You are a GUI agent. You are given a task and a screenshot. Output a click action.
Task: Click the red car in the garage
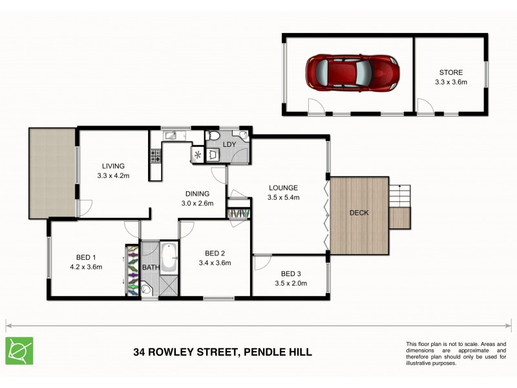(x=352, y=70)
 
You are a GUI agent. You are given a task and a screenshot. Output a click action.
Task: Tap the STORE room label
(x=450, y=72)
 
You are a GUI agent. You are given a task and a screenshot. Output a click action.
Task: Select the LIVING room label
(x=112, y=166)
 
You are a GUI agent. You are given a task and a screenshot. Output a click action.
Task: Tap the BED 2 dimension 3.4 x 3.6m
(x=215, y=263)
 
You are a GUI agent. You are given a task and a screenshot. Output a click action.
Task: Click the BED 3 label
(x=291, y=274)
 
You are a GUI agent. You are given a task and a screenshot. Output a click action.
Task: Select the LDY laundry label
(x=228, y=144)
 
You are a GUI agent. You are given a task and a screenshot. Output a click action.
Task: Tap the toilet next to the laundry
(x=214, y=136)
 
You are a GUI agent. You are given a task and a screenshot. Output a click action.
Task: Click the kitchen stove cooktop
(x=155, y=155)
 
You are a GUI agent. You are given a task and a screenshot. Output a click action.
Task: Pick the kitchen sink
(x=170, y=135)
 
